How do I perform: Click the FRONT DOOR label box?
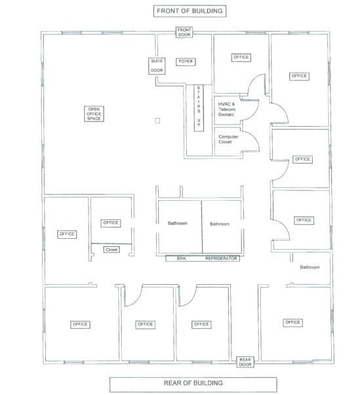[x=184, y=33]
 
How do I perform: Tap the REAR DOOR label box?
[x=245, y=362]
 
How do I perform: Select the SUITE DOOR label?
[x=157, y=66]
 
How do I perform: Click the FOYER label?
[x=186, y=62]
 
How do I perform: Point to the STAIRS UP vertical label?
[x=199, y=108]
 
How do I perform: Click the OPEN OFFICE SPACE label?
[x=94, y=114]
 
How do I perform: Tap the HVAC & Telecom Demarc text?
[x=227, y=110]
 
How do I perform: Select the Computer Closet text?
[x=228, y=139]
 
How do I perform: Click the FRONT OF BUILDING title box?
[x=190, y=11]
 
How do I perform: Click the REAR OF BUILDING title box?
[x=193, y=383]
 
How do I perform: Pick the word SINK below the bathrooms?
[x=181, y=259]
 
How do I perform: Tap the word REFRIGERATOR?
[x=221, y=259]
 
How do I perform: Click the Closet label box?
[x=111, y=249]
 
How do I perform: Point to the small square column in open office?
[x=157, y=121]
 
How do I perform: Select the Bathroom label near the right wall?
[x=310, y=267]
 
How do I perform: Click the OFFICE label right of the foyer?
[x=241, y=58]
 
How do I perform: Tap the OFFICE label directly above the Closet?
[x=111, y=223]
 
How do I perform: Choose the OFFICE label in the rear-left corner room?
[x=80, y=324]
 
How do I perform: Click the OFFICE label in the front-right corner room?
[x=299, y=76]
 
